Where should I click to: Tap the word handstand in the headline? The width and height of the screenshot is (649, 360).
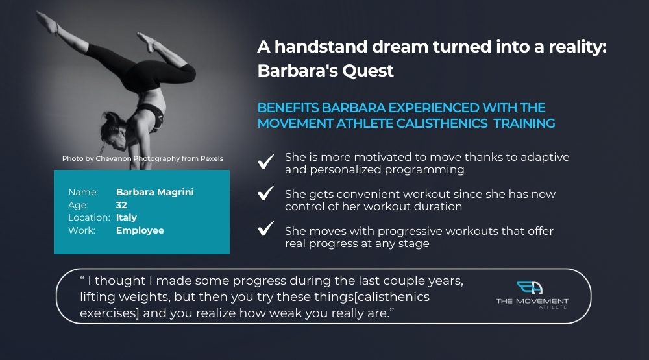click(x=321, y=47)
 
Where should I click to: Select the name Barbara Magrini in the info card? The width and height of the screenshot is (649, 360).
click(x=155, y=192)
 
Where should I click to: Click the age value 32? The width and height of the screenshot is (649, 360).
click(x=121, y=205)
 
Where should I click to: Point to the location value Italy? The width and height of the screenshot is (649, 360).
click(x=127, y=217)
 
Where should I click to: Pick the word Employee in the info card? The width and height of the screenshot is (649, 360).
click(x=140, y=230)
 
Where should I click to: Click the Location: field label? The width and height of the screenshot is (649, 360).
click(x=89, y=217)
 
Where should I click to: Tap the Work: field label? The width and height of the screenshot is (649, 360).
click(x=82, y=230)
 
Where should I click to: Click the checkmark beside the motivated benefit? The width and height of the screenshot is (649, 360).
click(x=265, y=162)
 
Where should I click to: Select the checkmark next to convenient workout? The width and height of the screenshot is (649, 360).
click(x=265, y=193)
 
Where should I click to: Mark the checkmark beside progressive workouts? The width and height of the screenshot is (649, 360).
click(x=265, y=228)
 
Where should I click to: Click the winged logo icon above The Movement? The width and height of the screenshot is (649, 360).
click(x=530, y=287)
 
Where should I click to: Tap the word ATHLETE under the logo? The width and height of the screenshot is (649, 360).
click(x=553, y=307)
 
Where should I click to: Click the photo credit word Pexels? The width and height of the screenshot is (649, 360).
click(x=212, y=158)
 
